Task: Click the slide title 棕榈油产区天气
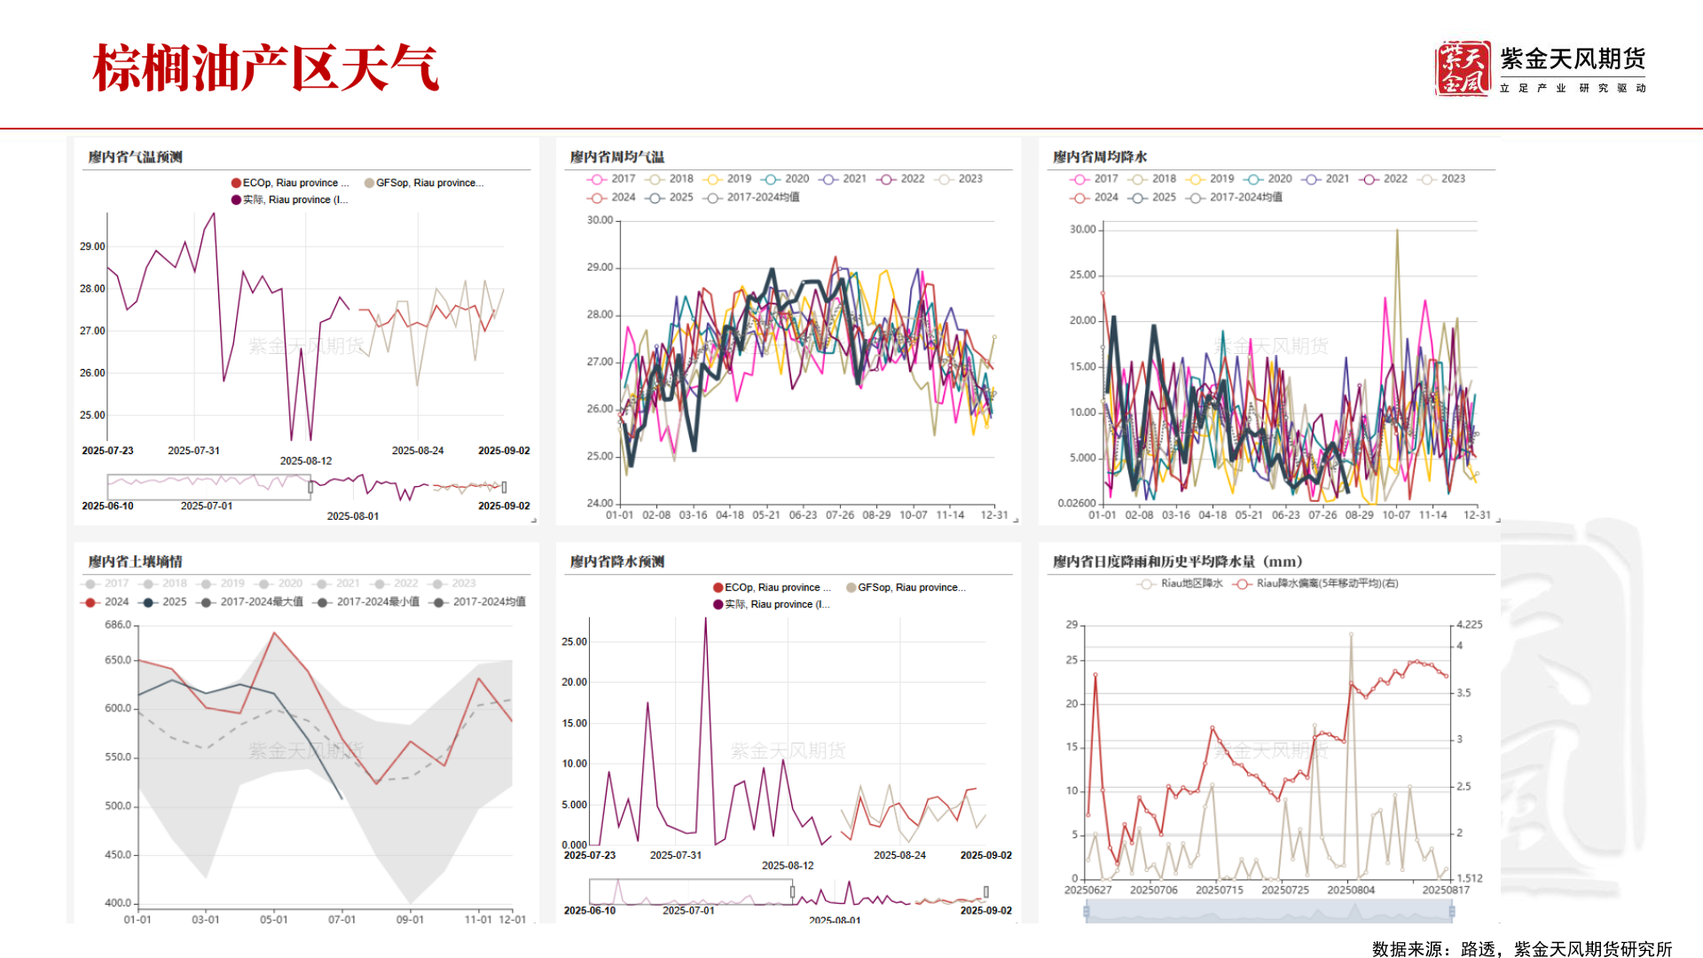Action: click(x=265, y=68)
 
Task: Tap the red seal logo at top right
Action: click(x=1462, y=68)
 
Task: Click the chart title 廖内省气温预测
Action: click(x=135, y=157)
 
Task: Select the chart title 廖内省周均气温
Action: click(x=616, y=157)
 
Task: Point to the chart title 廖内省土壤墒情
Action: click(x=135, y=561)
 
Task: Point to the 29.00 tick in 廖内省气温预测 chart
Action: click(x=92, y=247)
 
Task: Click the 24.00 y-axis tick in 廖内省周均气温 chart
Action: click(x=600, y=503)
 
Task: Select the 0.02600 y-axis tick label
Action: click(x=1076, y=503)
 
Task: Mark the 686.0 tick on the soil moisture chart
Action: click(x=118, y=624)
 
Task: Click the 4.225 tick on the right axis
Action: click(x=1469, y=624)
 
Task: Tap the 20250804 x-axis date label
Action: click(x=1351, y=890)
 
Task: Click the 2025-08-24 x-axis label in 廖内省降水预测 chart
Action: click(x=899, y=855)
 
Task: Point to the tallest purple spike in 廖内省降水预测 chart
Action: click(x=706, y=621)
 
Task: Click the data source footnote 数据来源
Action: click(x=1521, y=949)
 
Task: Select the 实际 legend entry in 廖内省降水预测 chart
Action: click(x=772, y=604)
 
